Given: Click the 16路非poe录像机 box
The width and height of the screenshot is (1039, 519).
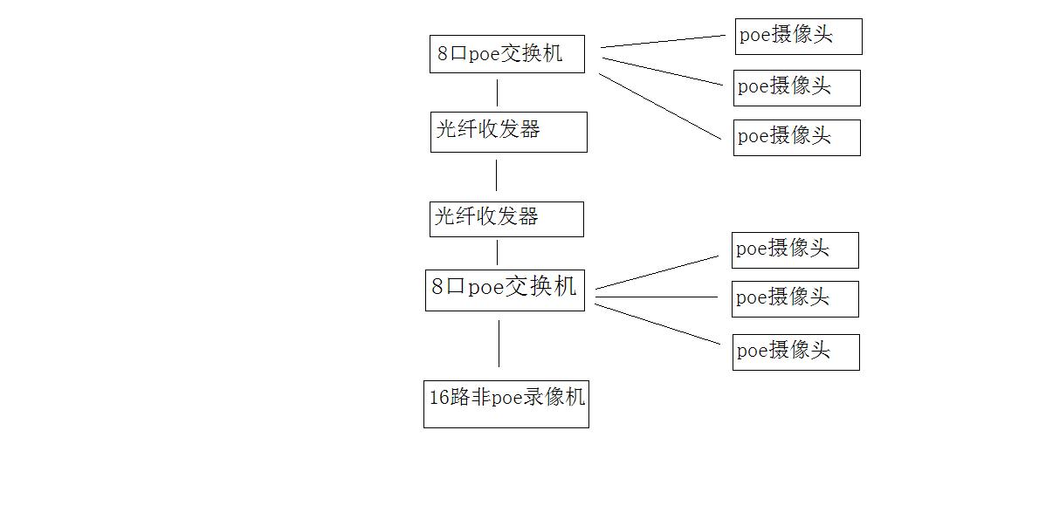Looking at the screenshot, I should click(506, 403).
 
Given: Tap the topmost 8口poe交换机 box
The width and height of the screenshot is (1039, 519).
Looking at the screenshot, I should click(506, 54).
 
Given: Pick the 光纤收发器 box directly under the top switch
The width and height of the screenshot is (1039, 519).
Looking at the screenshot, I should click(508, 132).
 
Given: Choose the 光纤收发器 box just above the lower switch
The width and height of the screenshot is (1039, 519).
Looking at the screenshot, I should click(506, 218).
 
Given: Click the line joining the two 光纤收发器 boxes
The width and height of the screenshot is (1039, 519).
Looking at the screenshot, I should click(497, 174).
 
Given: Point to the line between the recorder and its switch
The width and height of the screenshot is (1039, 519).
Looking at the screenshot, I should click(499, 343).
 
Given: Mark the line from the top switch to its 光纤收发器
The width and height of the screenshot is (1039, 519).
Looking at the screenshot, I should click(498, 92).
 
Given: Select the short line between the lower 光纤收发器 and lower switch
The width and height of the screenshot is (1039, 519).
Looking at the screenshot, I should click(498, 252).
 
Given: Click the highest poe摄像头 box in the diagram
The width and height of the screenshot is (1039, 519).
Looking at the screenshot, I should click(798, 37).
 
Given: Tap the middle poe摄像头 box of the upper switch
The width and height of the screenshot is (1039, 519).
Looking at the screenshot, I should click(796, 87).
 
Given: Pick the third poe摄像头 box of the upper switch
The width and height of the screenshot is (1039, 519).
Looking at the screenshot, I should click(796, 138).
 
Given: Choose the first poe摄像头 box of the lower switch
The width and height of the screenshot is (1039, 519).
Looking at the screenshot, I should click(795, 250).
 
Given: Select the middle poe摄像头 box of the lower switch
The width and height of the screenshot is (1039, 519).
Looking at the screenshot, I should click(795, 298).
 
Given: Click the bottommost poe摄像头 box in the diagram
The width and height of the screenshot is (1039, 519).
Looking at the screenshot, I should click(795, 352).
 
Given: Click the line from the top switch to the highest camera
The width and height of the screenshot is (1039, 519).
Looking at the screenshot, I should click(664, 41).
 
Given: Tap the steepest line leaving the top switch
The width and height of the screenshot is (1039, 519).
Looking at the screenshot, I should click(661, 106).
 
